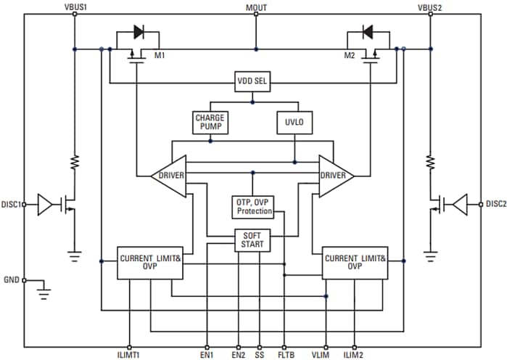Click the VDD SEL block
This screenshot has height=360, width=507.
(252, 81)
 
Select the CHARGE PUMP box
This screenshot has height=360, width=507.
(210, 122)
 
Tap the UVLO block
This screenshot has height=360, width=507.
(294, 122)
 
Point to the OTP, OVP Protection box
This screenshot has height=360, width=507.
(253, 206)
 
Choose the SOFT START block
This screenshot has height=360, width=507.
(253, 240)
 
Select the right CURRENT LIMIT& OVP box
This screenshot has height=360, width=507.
(355, 261)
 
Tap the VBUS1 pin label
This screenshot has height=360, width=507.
(75, 7)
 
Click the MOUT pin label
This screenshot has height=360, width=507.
(256, 7)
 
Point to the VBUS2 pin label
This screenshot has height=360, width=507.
(429, 7)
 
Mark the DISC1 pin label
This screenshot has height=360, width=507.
(12, 204)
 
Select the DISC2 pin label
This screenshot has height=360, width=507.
(495, 204)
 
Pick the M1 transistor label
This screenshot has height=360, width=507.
(159, 54)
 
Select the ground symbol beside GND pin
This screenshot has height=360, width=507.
(44, 293)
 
